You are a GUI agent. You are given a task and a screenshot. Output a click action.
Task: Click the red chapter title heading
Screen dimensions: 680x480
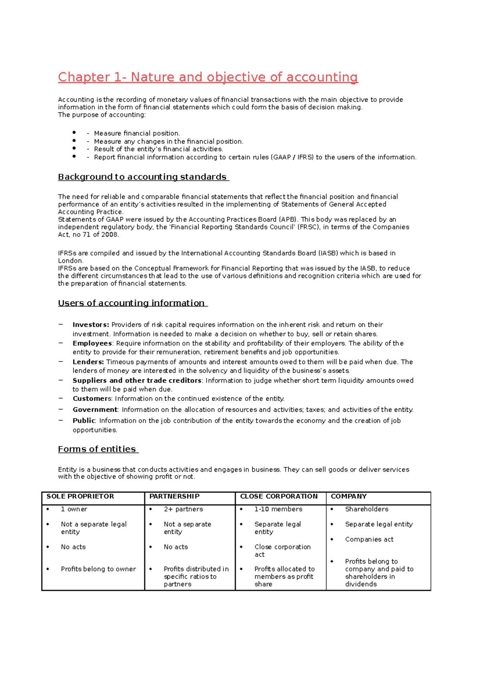[208, 77]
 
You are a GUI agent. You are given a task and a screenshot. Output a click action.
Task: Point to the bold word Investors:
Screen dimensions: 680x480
[91, 325]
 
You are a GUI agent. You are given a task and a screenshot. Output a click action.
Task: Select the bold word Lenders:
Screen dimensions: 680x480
[88, 362]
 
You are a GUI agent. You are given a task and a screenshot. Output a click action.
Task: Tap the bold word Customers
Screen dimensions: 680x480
[92, 398]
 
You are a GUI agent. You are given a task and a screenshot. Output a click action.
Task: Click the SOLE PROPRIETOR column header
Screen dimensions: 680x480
[80, 496]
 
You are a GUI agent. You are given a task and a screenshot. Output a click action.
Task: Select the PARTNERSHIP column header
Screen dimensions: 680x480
[174, 496]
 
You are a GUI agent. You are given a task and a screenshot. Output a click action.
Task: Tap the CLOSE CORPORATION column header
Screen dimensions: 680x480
[279, 496]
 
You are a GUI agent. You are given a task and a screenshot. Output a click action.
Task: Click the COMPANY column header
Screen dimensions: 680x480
[349, 496]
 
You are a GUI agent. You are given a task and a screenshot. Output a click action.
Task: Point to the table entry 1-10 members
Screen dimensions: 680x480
[278, 509]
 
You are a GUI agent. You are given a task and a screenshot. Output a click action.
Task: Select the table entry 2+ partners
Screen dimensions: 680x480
[183, 509]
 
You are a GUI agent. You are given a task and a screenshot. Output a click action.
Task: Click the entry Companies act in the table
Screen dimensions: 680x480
[369, 539]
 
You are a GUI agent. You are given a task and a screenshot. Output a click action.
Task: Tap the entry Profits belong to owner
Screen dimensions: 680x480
[98, 569]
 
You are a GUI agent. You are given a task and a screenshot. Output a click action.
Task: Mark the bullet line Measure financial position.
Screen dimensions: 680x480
[137, 133]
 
